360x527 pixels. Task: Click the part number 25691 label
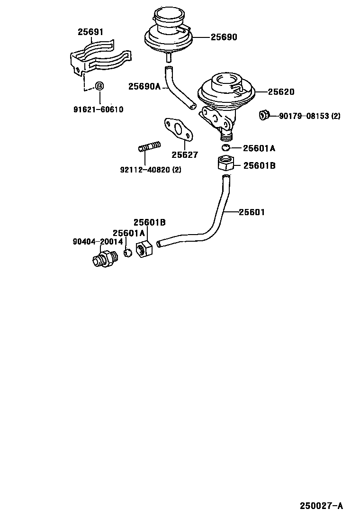click(90, 32)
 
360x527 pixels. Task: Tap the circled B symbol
click(99, 86)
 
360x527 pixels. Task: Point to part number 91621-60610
click(98, 109)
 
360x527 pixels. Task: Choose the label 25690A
click(144, 86)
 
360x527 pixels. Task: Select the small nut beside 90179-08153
click(264, 115)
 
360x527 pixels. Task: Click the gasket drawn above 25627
click(178, 130)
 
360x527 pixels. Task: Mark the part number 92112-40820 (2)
click(150, 169)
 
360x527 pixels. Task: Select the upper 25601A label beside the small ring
click(259, 148)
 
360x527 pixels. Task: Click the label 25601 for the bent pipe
click(251, 212)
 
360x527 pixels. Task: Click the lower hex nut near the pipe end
click(144, 248)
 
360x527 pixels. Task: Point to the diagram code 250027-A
click(321, 506)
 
